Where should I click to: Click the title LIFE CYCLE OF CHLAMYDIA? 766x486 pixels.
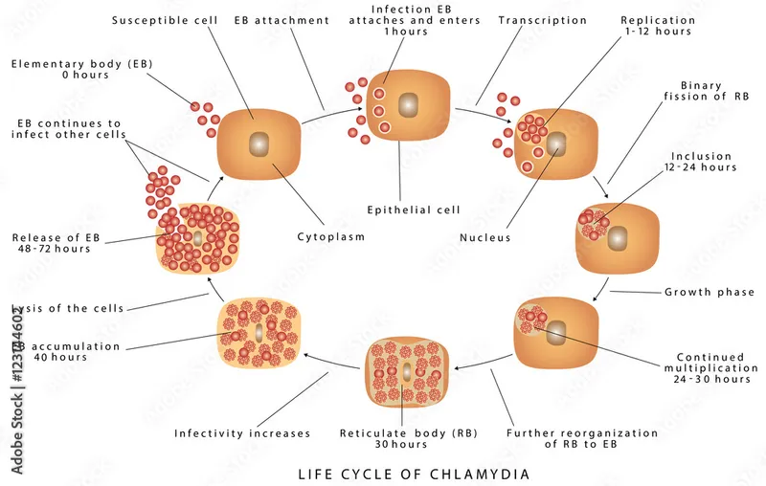pos(414,474)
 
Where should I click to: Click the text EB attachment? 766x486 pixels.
pos(274,20)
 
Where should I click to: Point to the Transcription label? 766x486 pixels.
pos(543,20)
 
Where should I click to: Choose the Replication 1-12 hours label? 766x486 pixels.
pos(657,25)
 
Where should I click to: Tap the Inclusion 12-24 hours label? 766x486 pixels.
pos(703,162)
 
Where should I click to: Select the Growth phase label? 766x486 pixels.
pos(710,292)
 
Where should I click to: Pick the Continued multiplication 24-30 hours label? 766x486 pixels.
pos(709,368)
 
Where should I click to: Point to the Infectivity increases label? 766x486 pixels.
pos(242,433)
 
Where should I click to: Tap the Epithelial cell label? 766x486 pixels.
pos(414,210)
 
